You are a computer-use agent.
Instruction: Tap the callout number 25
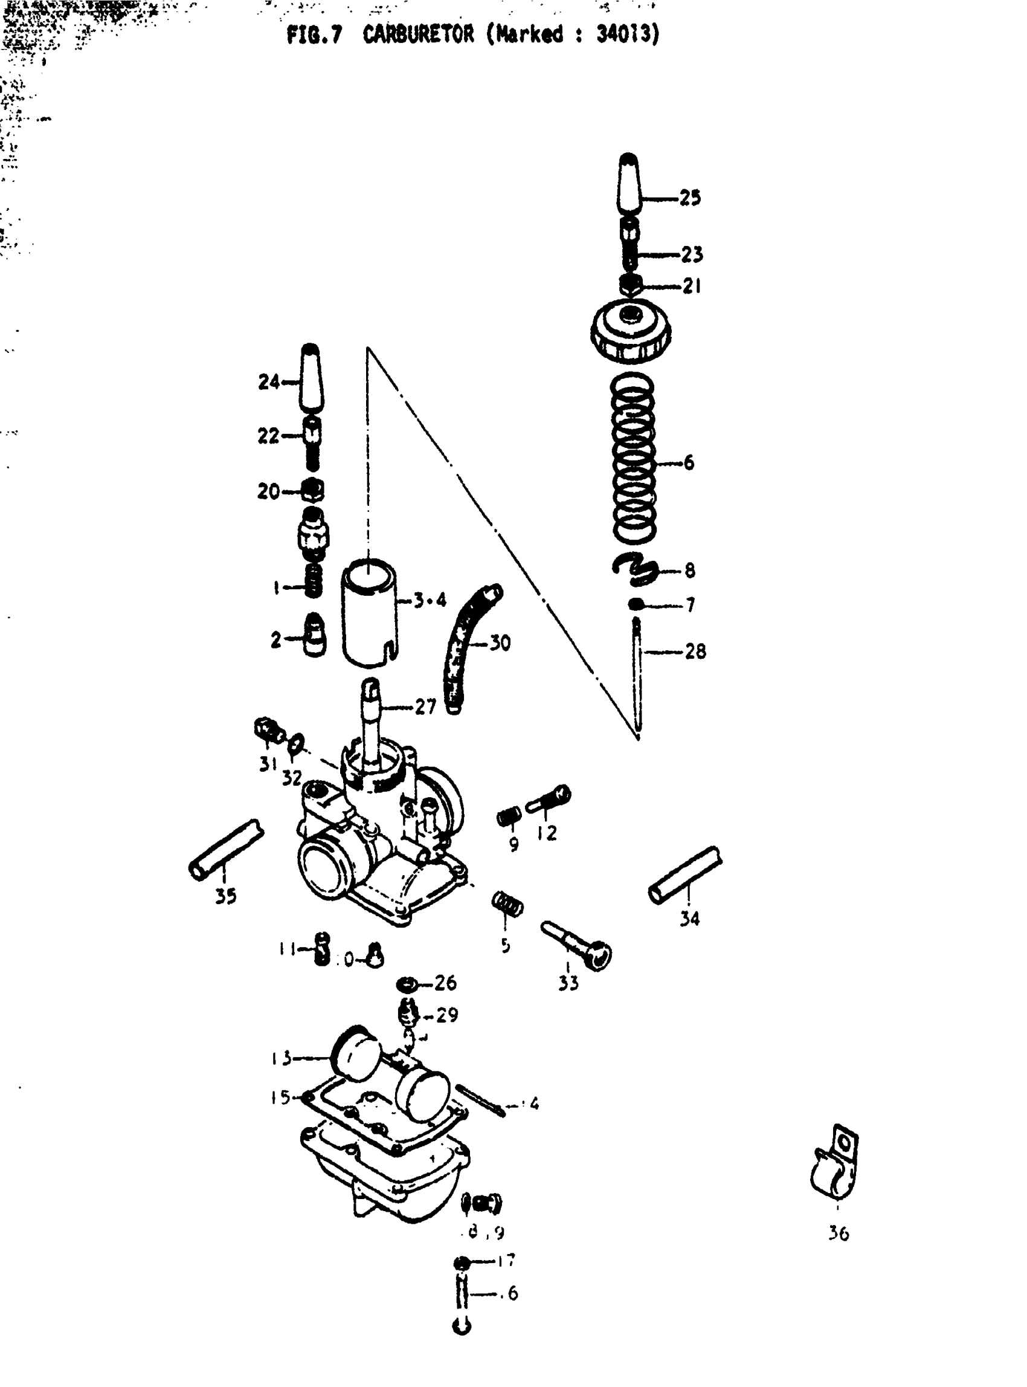point(689,198)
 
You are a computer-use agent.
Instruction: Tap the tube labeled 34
point(686,875)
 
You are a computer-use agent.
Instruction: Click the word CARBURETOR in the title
point(418,34)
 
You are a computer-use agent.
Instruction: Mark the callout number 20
point(269,491)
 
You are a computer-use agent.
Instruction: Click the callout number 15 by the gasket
point(280,1097)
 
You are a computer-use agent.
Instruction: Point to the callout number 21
point(691,286)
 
